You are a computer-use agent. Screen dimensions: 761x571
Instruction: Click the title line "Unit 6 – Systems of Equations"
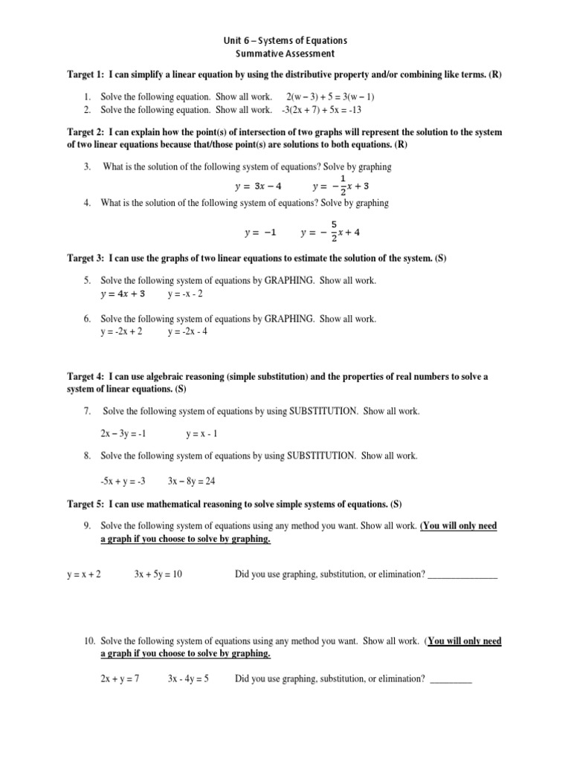285,40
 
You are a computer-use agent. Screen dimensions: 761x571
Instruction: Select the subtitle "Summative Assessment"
285,54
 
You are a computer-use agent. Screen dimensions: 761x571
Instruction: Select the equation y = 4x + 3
123,294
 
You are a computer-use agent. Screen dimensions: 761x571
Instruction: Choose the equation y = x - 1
201,433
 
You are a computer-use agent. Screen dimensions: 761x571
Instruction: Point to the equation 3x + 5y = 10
158,574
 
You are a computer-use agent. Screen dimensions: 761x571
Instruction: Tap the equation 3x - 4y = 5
188,679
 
